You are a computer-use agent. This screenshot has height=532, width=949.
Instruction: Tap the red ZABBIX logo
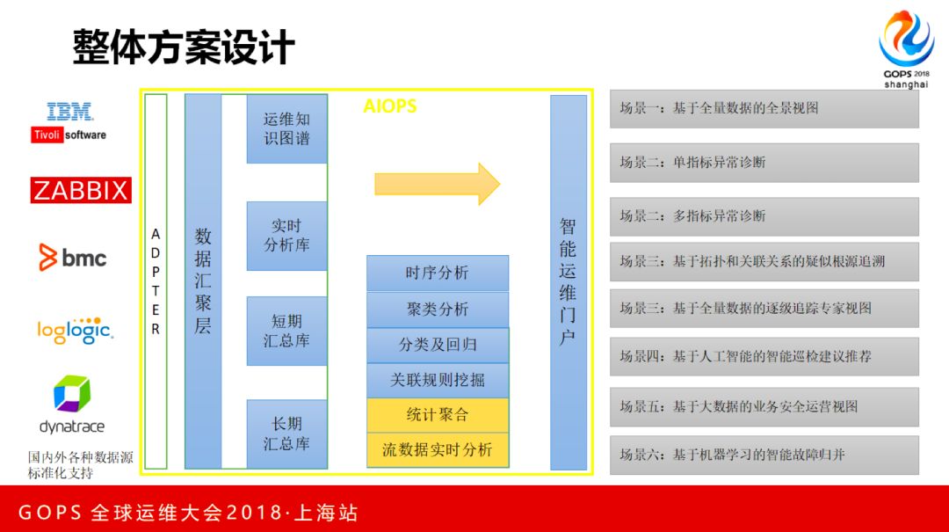pos(81,190)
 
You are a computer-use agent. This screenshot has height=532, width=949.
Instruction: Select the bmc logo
pos(73,258)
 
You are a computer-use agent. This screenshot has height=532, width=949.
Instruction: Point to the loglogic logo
pos(74,331)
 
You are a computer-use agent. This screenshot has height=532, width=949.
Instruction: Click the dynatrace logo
pos(72,405)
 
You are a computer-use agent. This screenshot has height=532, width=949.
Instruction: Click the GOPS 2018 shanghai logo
pos(906,49)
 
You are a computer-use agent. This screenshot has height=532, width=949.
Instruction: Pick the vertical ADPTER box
pos(156,281)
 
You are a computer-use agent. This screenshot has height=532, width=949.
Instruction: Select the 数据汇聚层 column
pos(203,281)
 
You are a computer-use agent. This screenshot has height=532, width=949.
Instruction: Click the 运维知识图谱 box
pos(286,128)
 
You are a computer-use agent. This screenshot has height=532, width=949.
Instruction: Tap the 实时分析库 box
pos(286,236)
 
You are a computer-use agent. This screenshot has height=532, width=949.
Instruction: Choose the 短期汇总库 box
pos(286,330)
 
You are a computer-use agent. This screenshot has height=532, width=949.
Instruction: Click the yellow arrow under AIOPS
pos(437,184)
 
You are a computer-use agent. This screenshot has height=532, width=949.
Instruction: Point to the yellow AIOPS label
pos(390,106)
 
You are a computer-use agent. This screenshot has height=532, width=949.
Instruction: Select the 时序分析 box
pos(437,273)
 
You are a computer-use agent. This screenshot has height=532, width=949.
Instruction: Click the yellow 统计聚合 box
pos(437,415)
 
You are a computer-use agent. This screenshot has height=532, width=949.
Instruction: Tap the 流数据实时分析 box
pos(437,450)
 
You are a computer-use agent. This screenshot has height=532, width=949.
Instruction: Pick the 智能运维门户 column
pos(568,281)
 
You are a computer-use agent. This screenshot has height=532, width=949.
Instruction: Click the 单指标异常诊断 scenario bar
pos(764,163)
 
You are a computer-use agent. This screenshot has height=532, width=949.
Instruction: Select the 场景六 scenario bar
pos(764,455)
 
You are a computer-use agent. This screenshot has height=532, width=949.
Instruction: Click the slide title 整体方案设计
pos(184,47)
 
